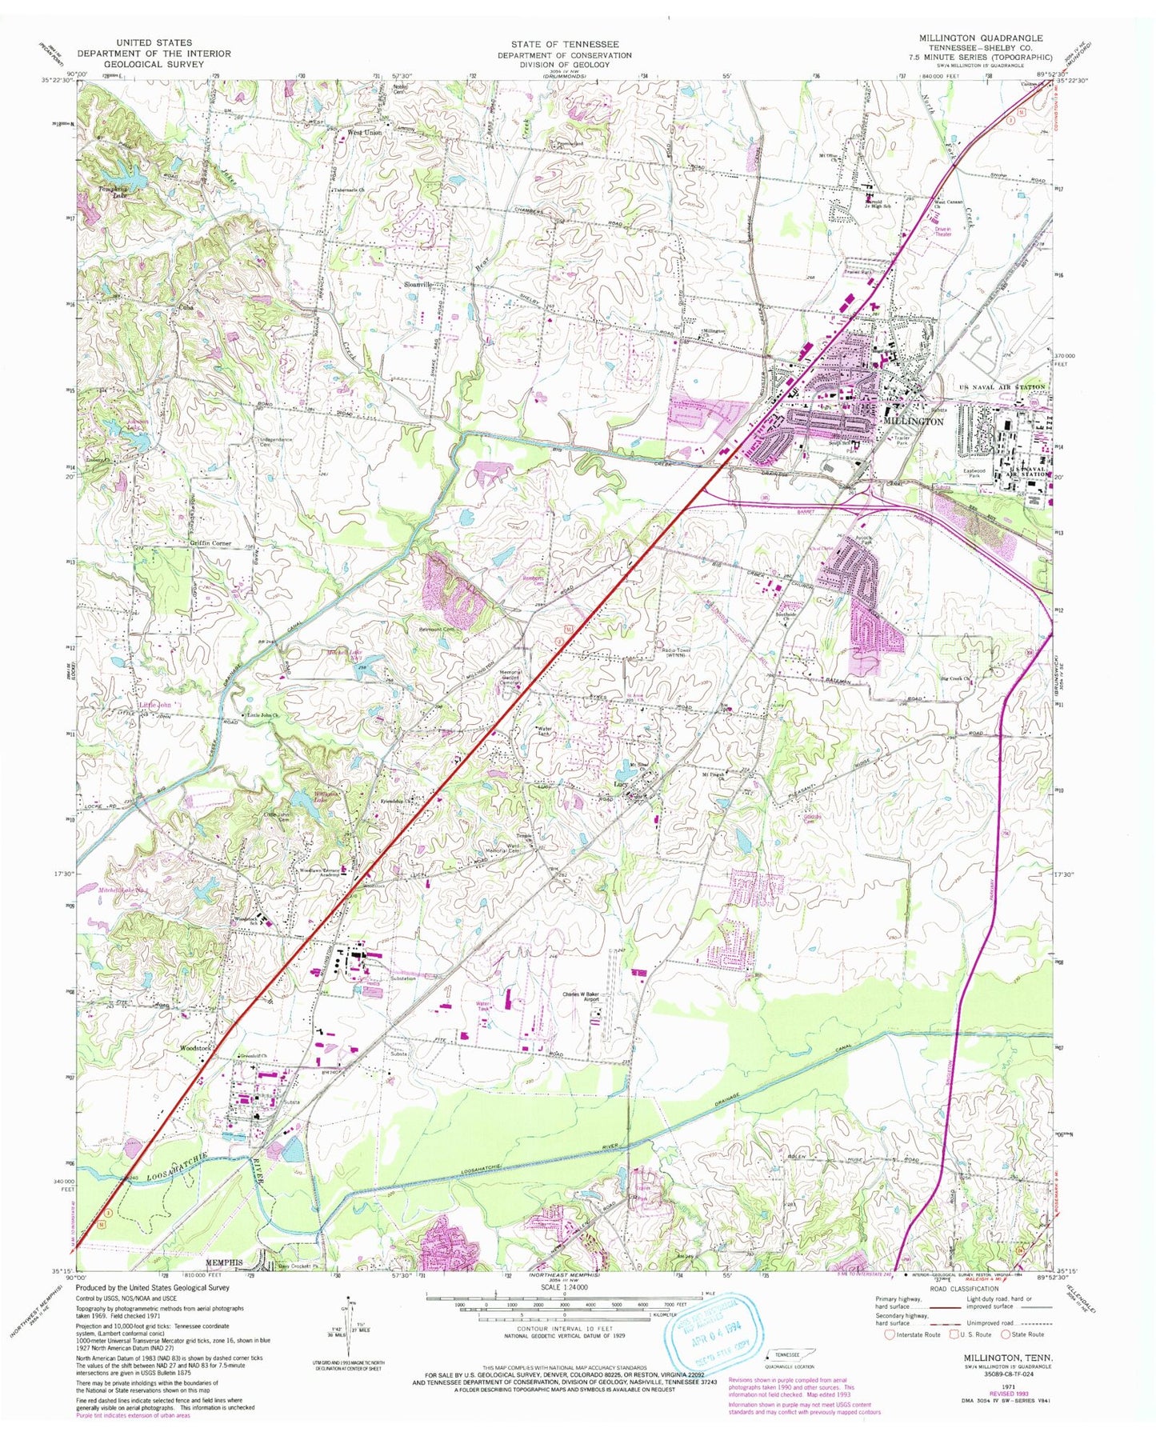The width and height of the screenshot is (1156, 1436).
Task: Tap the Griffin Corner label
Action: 210,543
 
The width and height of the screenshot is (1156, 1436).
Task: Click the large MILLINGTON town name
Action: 913,421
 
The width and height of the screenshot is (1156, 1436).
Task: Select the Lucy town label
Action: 618,785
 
